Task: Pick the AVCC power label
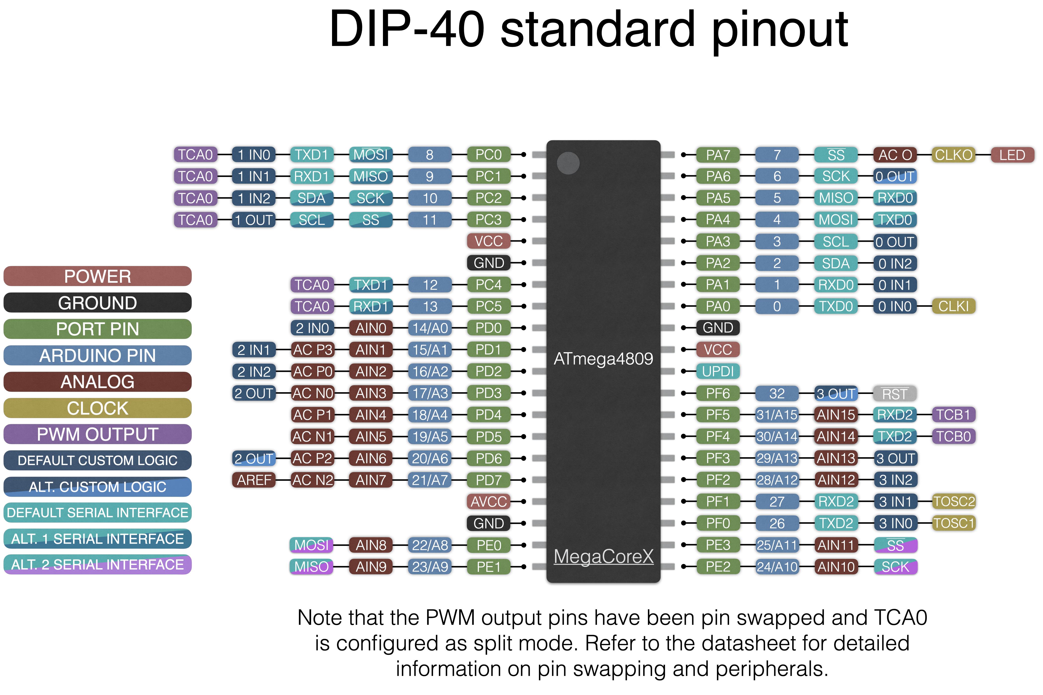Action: tap(488, 502)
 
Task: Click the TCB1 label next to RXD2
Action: tap(953, 415)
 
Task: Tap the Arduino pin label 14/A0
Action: tap(429, 328)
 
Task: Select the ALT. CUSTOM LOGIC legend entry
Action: tap(98, 487)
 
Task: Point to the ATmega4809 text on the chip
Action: tap(603, 359)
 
